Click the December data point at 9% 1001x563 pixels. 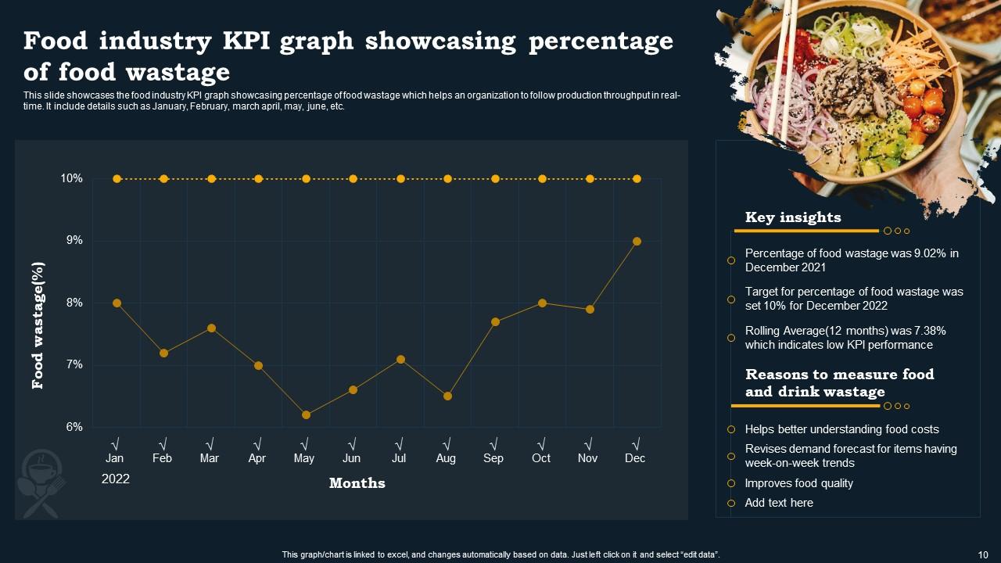[x=637, y=242]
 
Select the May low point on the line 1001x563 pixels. [x=306, y=414]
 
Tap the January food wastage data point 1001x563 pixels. [x=117, y=303]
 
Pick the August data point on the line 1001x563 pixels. [x=447, y=396]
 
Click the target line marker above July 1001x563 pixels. [x=400, y=179]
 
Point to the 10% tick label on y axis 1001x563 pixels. [x=71, y=179]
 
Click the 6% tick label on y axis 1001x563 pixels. [x=74, y=427]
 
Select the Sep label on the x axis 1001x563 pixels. [x=493, y=458]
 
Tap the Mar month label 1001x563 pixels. [x=210, y=458]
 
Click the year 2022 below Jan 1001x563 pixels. [x=116, y=479]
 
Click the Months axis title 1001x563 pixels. [x=357, y=483]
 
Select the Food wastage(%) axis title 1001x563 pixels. [x=38, y=325]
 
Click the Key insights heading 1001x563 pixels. [x=793, y=217]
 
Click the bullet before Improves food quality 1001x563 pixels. [x=731, y=483]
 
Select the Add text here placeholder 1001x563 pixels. [x=779, y=503]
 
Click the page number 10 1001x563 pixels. [x=984, y=554]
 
